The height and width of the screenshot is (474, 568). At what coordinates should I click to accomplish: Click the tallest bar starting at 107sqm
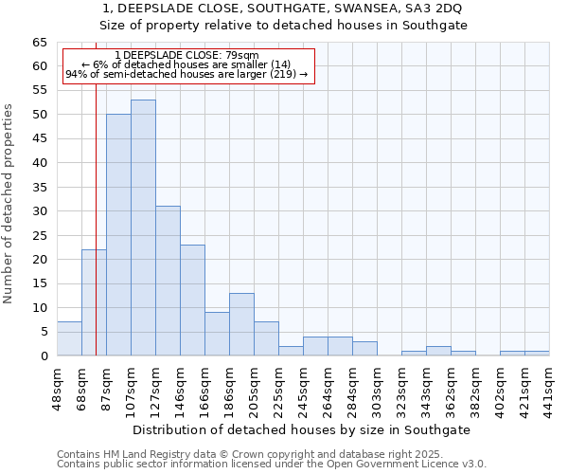[143, 228]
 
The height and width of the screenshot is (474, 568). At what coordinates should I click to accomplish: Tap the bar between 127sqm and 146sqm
[168, 281]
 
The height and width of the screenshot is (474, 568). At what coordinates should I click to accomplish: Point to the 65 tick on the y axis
[39, 43]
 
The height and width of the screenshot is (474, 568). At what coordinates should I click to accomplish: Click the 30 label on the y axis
[39, 211]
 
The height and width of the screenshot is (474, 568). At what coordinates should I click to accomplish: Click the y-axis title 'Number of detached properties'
[9, 204]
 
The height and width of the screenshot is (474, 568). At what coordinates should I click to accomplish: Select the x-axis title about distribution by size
[301, 429]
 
